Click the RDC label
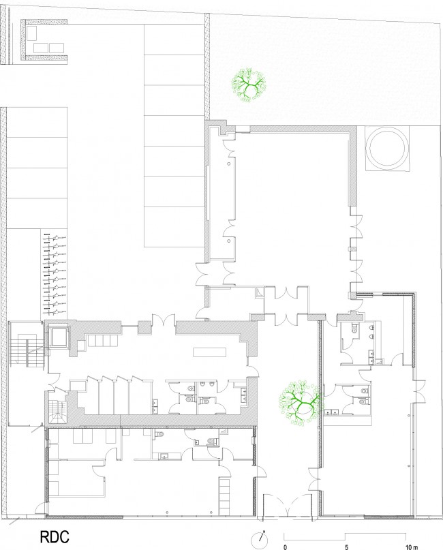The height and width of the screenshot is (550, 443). click(55, 537)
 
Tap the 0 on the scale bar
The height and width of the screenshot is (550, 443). click(285, 547)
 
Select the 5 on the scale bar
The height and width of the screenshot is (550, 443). click(346, 547)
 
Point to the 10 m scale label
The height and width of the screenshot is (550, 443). click(412, 547)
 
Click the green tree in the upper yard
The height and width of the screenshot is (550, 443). click(248, 85)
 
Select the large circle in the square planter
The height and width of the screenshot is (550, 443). click(387, 148)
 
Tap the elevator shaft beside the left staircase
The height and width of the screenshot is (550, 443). click(58, 337)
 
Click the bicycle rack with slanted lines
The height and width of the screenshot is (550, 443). click(55, 273)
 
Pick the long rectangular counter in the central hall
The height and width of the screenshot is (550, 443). click(210, 352)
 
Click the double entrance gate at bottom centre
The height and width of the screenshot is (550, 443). click(288, 506)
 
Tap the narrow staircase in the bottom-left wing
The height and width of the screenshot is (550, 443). click(225, 495)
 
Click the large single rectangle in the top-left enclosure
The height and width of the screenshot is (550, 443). click(31, 33)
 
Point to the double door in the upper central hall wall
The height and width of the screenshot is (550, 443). click(164, 320)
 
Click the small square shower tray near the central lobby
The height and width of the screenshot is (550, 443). click(260, 292)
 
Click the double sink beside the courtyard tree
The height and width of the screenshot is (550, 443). click(332, 412)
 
